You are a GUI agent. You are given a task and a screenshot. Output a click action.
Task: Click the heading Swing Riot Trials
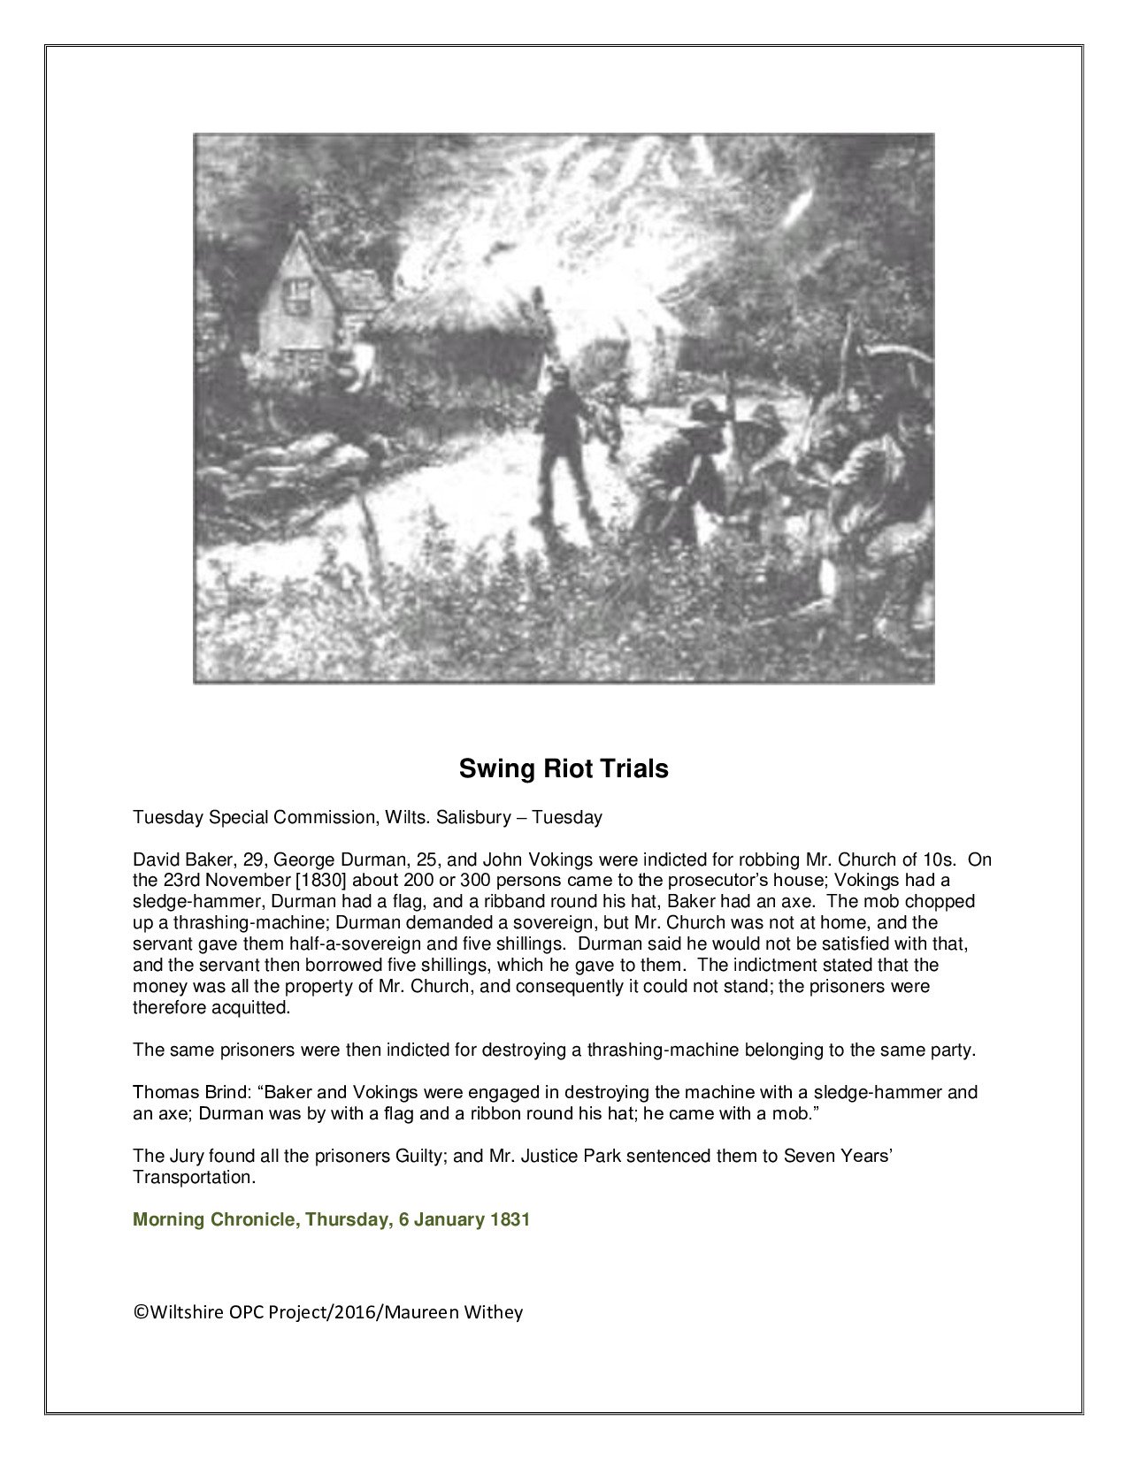click(564, 768)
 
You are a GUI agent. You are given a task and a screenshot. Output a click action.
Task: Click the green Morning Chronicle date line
click(331, 1220)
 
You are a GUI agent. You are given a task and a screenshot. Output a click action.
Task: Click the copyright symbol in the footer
click(140, 1312)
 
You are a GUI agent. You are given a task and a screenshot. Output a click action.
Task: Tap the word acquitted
click(254, 1007)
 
